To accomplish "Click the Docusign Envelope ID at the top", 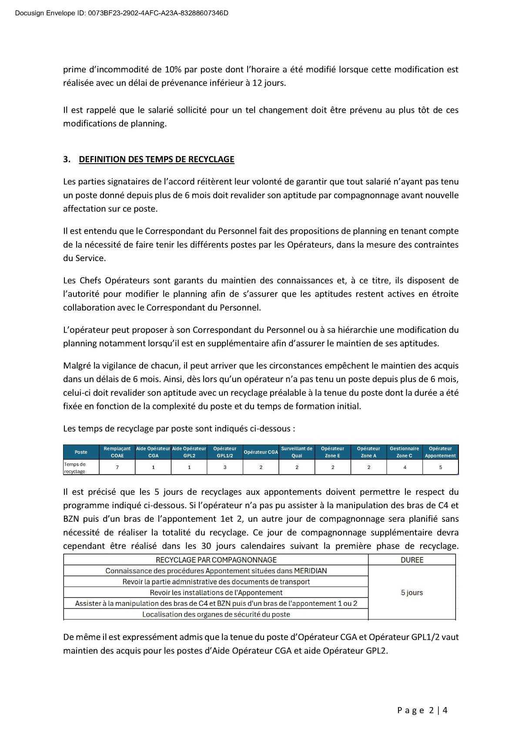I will click(x=122, y=13).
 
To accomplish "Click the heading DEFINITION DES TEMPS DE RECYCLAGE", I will click(x=156, y=159).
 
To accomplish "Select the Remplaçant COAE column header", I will click(x=117, y=452).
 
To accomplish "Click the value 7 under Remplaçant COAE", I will click(x=117, y=467).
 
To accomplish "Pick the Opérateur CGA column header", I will click(x=261, y=452).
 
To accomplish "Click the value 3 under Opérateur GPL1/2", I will click(x=225, y=467).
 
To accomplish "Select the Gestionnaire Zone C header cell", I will click(x=404, y=452).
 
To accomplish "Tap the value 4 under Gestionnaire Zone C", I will click(x=405, y=467).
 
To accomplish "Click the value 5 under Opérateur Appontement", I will click(x=440, y=467).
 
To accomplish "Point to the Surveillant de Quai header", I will click(x=297, y=452).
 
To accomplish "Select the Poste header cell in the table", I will click(x=81, y=452).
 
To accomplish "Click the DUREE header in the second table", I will click(x=412, y=560).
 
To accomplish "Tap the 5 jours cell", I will click(x=412, y=593).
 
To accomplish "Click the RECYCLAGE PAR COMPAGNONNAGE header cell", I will click(x=216, y=560).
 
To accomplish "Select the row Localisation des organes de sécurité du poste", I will click(x=216, y=614).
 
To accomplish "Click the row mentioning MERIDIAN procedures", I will click(x=216, y=571).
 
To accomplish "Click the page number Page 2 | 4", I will click(x=422, y=711).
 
